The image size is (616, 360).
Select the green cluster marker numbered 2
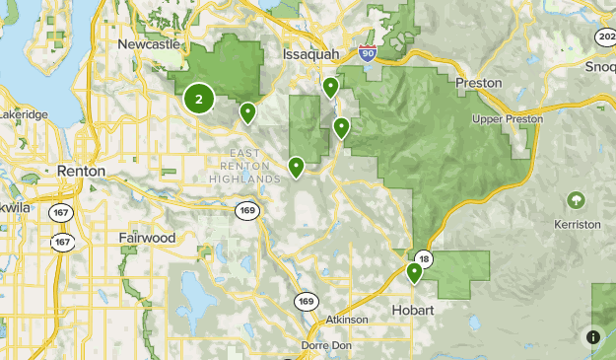199,99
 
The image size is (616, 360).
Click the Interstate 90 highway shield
367,53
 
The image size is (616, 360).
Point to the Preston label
479,83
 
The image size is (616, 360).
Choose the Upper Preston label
509,119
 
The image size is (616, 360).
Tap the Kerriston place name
578,225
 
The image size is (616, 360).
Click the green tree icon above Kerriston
576,201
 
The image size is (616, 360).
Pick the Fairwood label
146,238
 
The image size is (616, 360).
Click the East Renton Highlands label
244,165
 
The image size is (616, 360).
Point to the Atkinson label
346,320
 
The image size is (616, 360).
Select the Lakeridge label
25,115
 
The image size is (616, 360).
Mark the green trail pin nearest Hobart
415,272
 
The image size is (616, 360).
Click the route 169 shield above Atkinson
306,300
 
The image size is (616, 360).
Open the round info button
593,336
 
